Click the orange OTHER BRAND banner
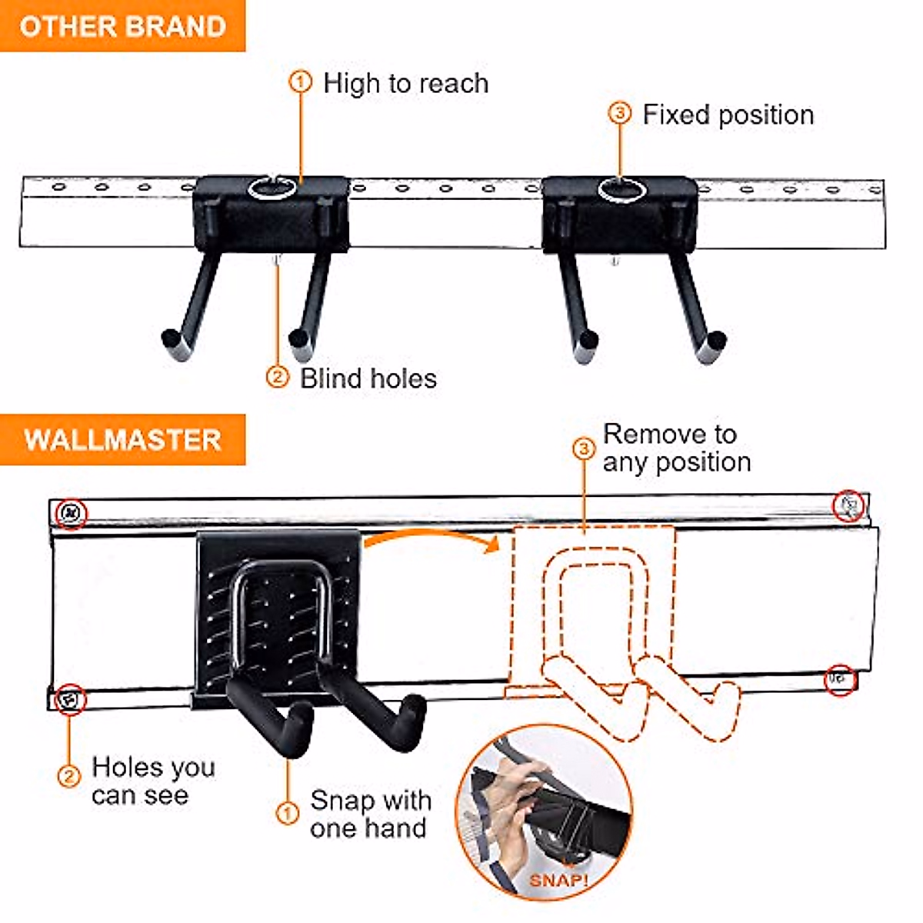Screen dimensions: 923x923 (123, 26)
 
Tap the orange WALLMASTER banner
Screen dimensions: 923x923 (123, 440)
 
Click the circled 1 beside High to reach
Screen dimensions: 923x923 (301, 82)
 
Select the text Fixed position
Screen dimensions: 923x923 (728, 115)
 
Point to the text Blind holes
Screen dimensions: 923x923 (368, 378)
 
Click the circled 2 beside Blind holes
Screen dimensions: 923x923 (277, 377)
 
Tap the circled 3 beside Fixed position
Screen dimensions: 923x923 (620, 113)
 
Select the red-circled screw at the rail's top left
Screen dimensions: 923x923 (71, 511)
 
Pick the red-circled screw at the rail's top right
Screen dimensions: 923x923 (849, 505)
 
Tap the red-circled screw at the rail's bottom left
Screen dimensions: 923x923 (70, 699)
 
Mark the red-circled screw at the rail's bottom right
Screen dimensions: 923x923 (838, 679)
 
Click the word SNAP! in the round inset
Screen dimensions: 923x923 (558, 879)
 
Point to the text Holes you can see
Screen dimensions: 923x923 (152, 780)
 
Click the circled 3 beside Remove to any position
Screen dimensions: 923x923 (585, 448)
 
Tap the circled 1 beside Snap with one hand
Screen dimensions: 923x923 (287, 813)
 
